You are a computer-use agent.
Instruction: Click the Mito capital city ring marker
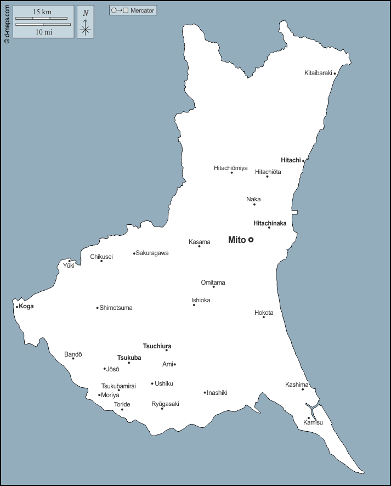point(251,240)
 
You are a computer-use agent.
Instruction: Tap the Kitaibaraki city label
point(318,73)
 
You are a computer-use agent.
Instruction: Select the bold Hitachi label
point(291,160)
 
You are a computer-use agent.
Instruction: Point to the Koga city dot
point(17,307)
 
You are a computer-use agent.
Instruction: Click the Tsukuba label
point(129,358)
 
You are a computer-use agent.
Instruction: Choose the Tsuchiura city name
point(157,346)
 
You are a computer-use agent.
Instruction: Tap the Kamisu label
point(313,422)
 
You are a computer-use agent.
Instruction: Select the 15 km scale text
point(42,12)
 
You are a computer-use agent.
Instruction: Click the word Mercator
point(143,10)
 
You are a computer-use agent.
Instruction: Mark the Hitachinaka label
point(270,223)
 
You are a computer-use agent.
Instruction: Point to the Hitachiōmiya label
point(230,168)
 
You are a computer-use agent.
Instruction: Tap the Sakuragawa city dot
point(134,253)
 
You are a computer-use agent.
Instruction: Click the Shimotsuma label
point(116,308)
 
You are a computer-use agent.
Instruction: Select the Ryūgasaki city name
point(165,404)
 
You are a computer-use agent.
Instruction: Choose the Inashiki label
point(217,393)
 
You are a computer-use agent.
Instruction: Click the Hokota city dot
point(263,317)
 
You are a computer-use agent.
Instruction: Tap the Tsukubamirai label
point(118,386)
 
